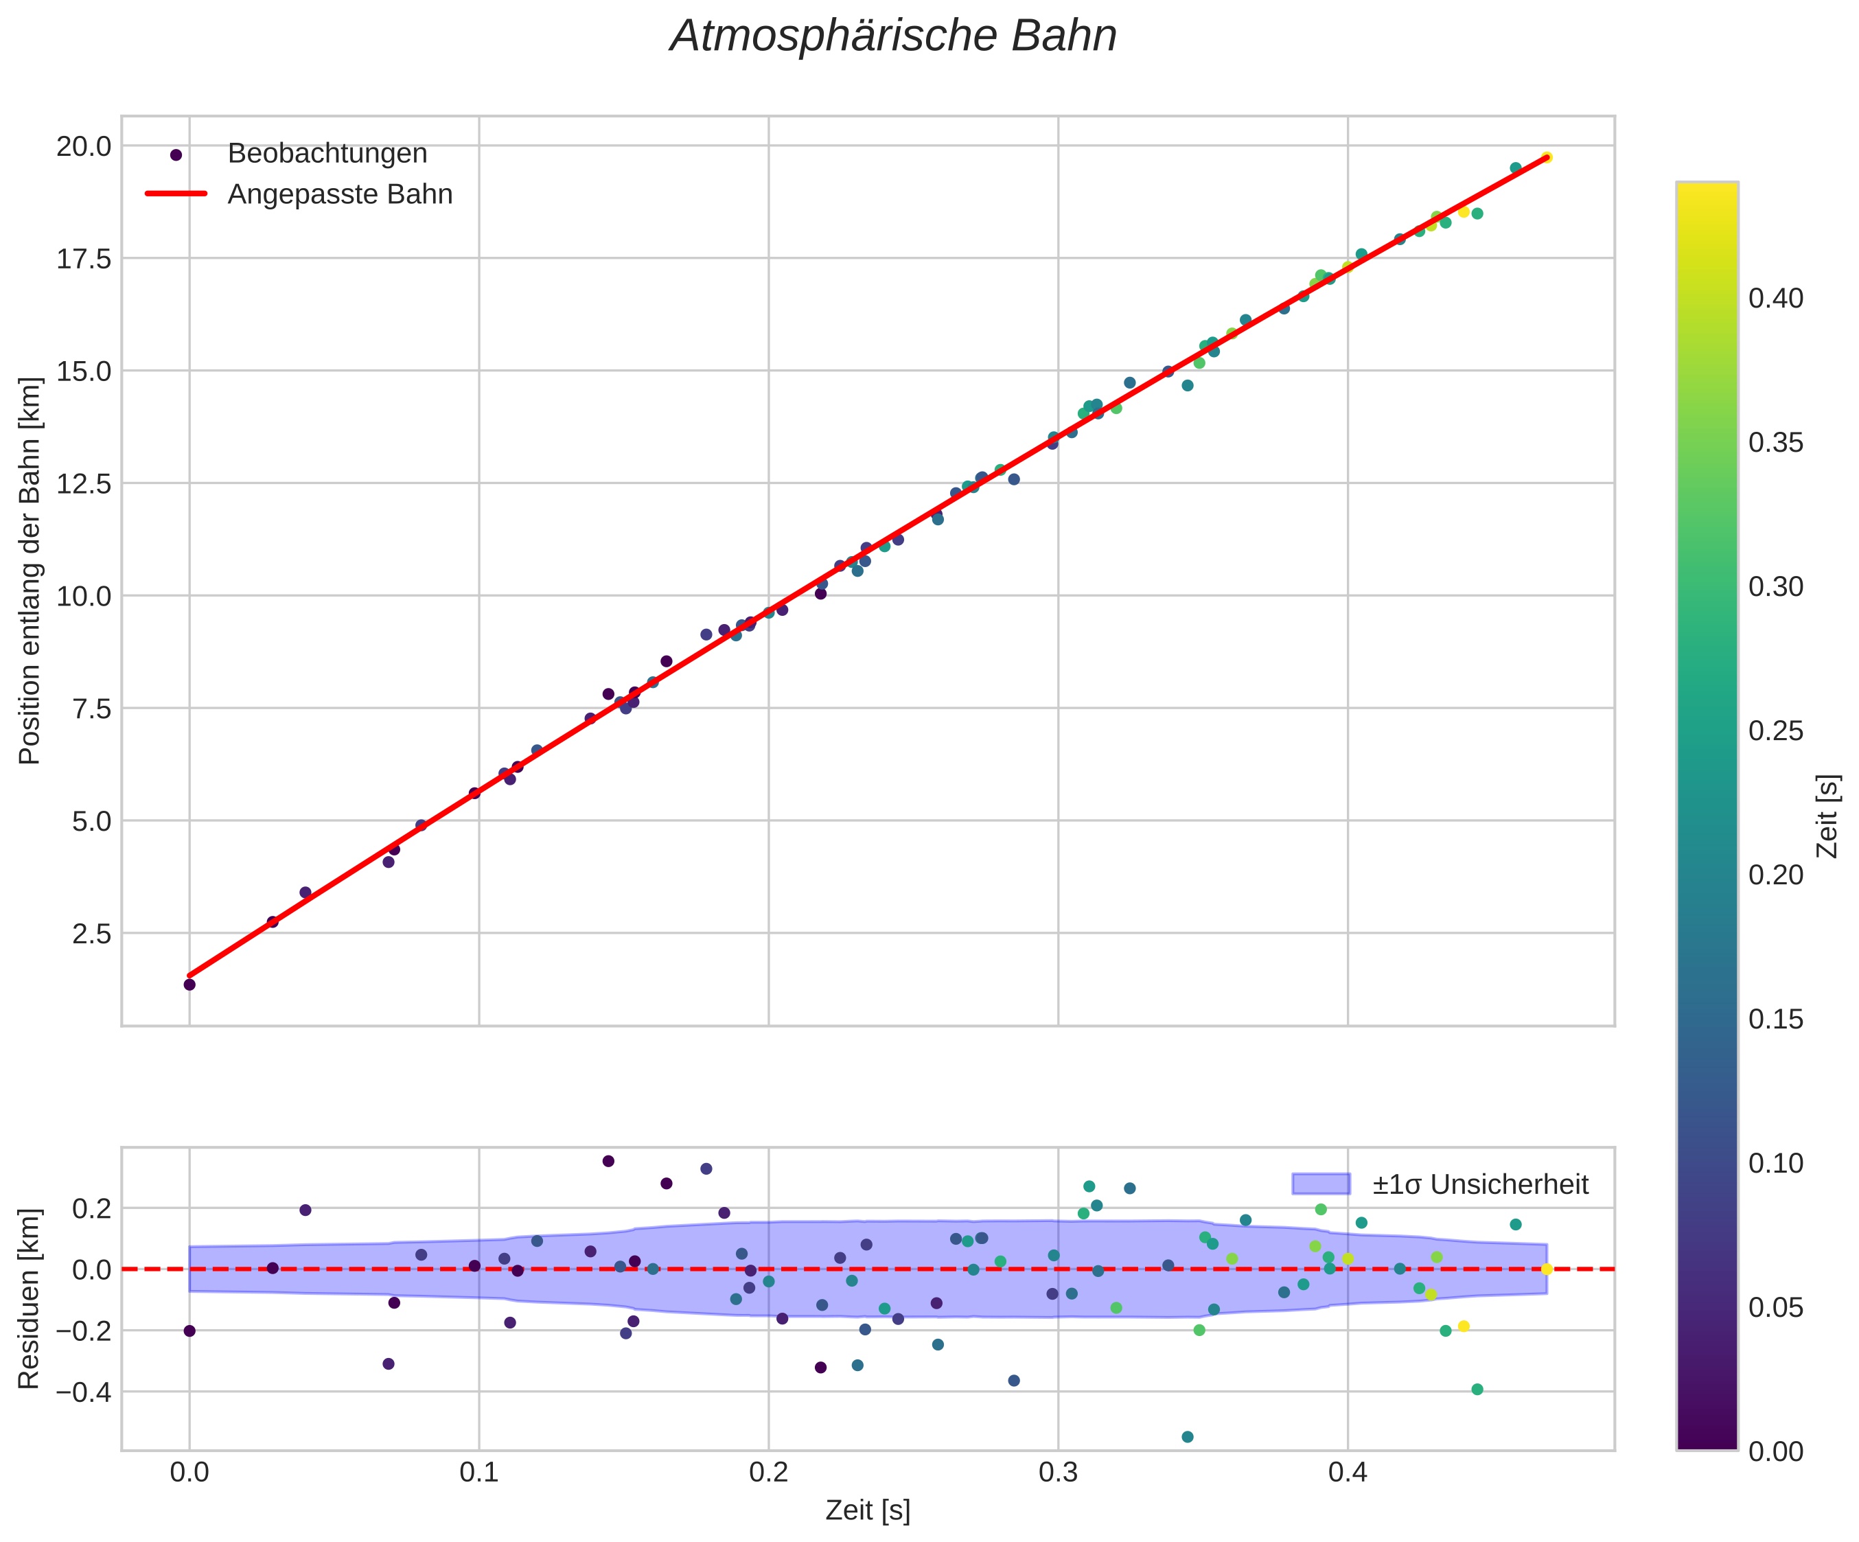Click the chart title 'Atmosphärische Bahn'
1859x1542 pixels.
(893, 37)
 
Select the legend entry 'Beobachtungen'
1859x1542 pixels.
(327, 154)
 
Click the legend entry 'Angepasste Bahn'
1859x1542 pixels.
(340, 195)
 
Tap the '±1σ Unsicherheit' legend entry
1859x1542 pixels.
(1480, 1184)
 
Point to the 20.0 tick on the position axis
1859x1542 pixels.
(84, 146)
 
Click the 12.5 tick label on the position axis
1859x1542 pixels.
(84, 484)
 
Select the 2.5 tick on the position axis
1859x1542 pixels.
(91, 934)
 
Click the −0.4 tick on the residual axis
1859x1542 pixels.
(84, 1392)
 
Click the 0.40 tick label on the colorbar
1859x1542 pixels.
(1776, 299)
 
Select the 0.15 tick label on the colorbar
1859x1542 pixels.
(1776, 1020)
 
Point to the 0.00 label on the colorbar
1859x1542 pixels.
(1776, 1451)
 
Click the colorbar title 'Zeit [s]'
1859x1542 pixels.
(1827, 816)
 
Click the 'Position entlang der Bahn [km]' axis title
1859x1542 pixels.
(30, 571)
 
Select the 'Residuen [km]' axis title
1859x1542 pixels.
(30, 1298)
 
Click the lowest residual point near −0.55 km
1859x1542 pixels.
(1187, 1437)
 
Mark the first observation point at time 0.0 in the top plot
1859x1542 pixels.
(189, 985)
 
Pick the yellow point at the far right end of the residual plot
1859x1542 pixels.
(1547, 1269)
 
